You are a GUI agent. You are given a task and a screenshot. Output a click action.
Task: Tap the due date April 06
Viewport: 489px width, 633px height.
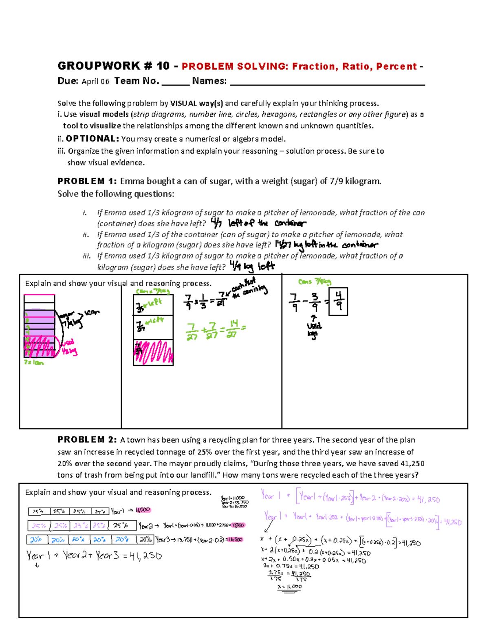click(95, 82)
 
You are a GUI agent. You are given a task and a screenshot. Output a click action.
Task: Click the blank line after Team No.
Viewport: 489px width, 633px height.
click(176, 82)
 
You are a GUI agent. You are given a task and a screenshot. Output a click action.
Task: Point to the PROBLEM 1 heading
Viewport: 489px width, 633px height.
click(87, 181)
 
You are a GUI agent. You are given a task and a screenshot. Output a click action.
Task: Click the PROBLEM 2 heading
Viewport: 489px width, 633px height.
click(87, 440)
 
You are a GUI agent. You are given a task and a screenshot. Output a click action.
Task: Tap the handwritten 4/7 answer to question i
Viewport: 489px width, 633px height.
click(216, 223)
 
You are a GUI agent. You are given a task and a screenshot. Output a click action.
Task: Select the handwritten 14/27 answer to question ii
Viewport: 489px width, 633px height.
click(283, 245)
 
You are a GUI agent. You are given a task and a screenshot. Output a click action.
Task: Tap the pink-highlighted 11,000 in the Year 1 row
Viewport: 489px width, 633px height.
click(143, 510)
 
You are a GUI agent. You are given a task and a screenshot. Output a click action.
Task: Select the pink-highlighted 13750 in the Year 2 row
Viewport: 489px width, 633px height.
click(238, 525)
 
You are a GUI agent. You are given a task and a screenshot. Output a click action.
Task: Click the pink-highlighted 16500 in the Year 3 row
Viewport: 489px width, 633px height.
click(235, 540)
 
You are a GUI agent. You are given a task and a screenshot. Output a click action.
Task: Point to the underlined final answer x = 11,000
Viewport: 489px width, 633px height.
click(290, 587)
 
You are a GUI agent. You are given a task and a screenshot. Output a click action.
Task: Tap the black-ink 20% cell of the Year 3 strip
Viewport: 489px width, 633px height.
click(145, 540)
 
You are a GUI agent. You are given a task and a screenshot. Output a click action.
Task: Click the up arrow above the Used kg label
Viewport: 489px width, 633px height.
click(313, 318)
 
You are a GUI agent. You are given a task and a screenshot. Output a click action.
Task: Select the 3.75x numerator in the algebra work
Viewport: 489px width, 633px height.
click(276, 573)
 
